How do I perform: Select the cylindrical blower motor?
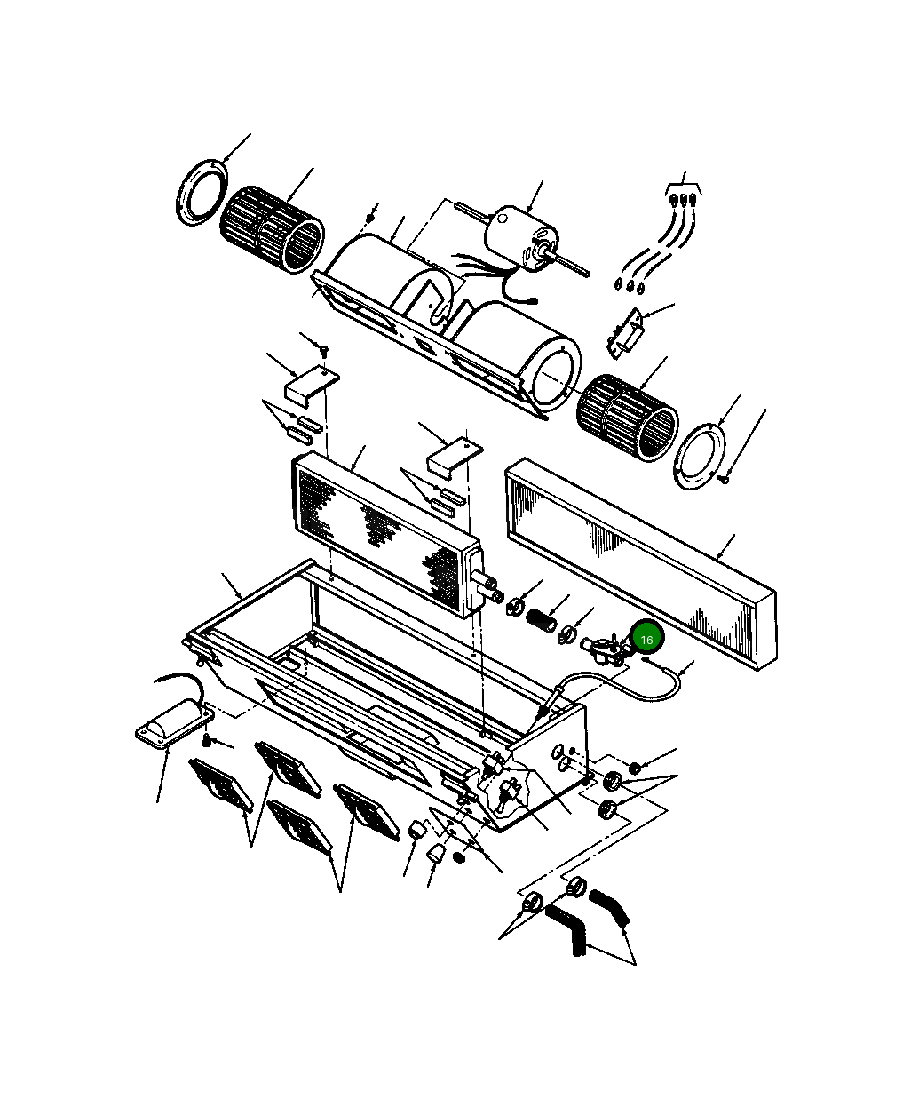click(520, 236)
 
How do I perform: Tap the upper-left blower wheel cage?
click(272, 229)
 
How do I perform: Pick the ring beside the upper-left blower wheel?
click(202, 192)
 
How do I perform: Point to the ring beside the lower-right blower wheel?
click(700, 456)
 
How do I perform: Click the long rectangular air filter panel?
click(642, 562)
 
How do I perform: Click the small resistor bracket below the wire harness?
click(626, 334)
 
